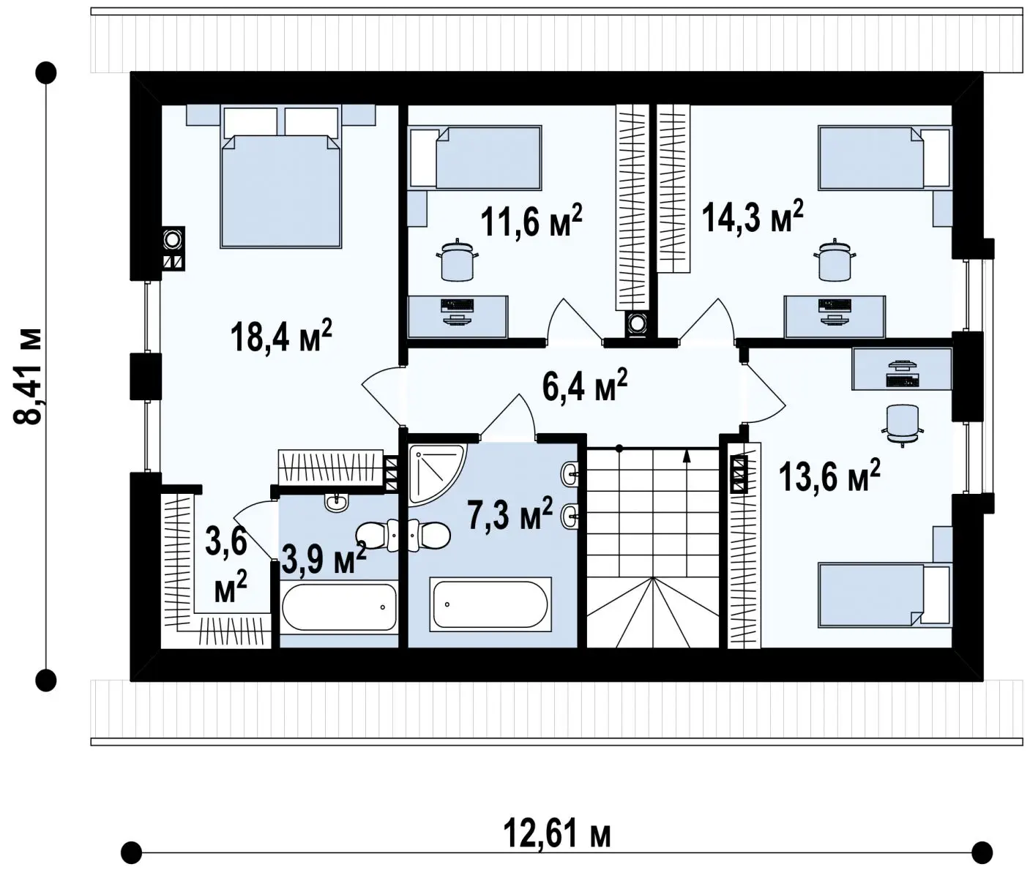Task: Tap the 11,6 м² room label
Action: point(531,219)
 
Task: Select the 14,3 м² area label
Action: point(753,216)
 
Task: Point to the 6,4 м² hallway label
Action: point(584,384)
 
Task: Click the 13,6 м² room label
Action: point(829,475)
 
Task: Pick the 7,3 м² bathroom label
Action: point(510,514)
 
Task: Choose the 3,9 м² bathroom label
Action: point(324,558)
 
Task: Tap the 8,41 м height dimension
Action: point(27,375)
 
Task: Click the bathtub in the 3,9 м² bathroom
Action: point(339,607)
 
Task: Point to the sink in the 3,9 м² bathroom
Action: point(336,503)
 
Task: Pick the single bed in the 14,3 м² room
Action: point(885,158)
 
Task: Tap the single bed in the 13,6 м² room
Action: point(885,595)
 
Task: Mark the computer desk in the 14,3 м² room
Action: point(835,317)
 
